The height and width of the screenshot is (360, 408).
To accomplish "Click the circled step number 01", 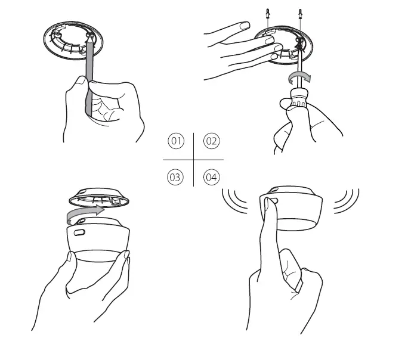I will click(175, 141).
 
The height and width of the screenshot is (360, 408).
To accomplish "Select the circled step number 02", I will click(211, 141).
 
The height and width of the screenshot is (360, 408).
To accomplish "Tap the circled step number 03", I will click(175, 177).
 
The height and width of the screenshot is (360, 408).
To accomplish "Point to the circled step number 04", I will click(211, 177).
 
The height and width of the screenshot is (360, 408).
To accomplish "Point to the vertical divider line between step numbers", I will click(193, 159).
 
